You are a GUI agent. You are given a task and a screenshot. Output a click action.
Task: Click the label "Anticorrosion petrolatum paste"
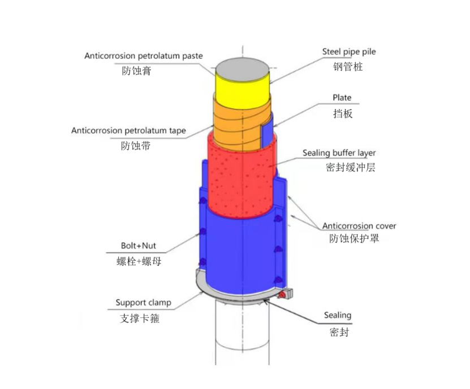pos(144,56)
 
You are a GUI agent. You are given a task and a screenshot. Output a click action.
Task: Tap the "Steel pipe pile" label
pos(349,52)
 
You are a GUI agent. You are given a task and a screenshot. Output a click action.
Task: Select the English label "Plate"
pos(342,98)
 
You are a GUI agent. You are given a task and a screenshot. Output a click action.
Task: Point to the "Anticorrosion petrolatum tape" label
pos(128,131)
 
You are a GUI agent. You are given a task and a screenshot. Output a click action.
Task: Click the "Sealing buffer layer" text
pos(339,153)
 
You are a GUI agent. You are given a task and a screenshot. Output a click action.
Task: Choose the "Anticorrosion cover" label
pos(359,226)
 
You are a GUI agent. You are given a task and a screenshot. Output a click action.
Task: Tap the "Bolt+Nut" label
pos(139,246)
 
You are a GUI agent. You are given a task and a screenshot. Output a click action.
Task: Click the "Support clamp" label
pos(143,303)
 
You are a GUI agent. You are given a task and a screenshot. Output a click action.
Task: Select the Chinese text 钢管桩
pos(348,67)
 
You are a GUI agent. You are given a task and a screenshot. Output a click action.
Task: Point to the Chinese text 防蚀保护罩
pos(354,238)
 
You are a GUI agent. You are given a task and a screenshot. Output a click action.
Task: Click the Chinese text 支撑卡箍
pos(140,318)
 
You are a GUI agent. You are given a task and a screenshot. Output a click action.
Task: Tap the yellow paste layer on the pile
pos(242,91)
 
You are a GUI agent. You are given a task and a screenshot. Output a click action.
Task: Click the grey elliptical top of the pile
pos(242,69)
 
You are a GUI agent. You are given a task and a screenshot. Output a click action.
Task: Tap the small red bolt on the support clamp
pos(282,295)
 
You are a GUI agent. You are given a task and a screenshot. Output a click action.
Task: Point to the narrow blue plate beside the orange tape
pos(266,134)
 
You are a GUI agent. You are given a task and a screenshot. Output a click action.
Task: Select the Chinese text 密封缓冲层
pos(351,167)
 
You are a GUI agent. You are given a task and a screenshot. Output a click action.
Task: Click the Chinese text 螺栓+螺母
pos(139,261)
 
